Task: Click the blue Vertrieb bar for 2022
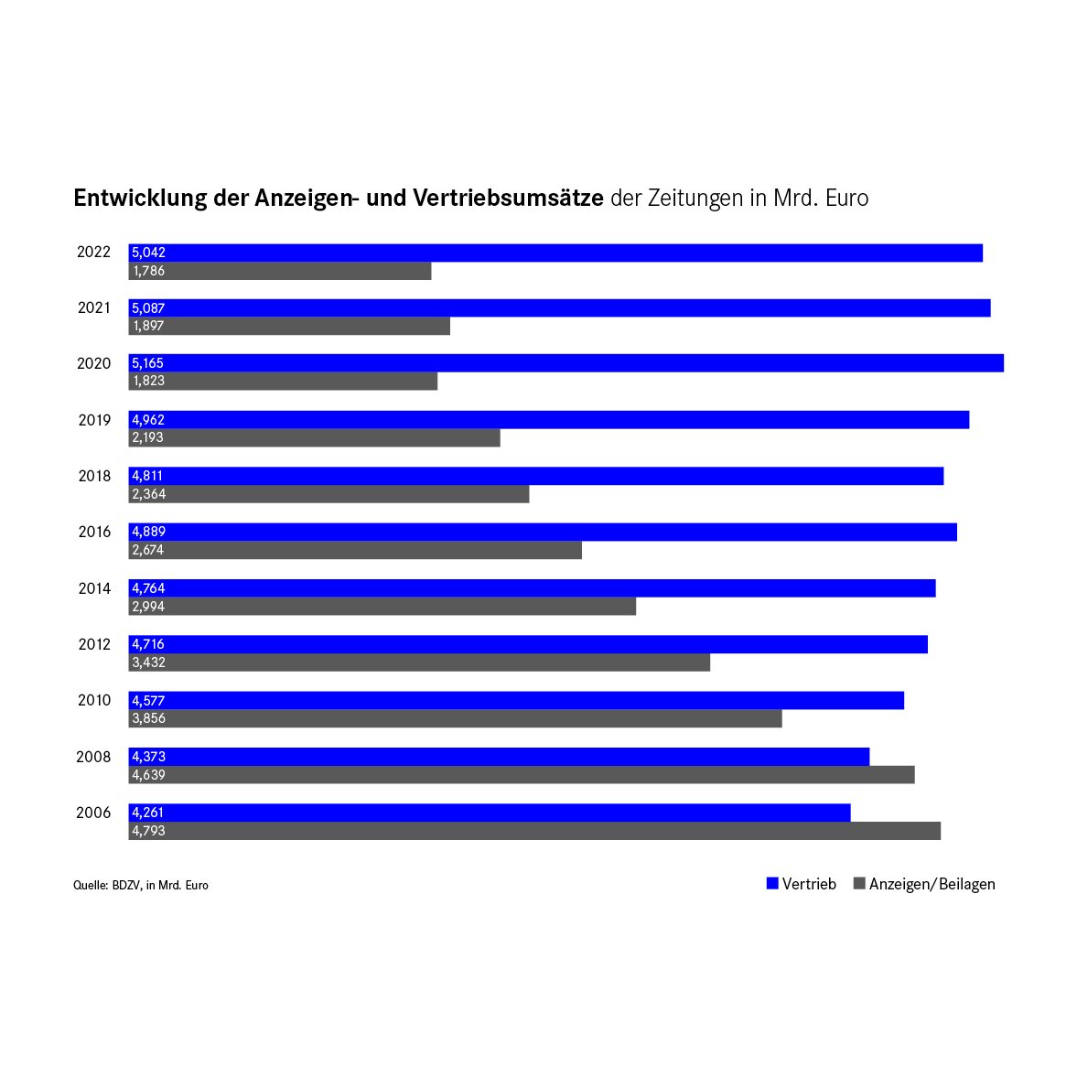coord(555,253)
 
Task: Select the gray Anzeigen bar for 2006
coord(534,831)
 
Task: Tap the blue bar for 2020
coord(565,363)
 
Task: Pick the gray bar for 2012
coord(419,662)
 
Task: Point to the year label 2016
coord(94,532)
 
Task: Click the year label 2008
coord(94,757)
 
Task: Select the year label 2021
coord(94,308)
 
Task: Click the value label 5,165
coord(147,363)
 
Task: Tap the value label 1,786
coord(148,271)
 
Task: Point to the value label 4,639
coord(148,775)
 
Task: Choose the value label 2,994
coord(148,607)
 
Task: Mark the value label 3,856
coord(148,718)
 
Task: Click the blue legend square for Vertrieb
coord(772,884)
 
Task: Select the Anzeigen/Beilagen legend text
coord(932,884)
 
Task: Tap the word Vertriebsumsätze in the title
coord(508,199)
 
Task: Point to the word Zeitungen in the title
coord(695,199)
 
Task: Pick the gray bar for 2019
coord(314,437)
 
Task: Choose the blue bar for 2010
coord(516,700)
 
